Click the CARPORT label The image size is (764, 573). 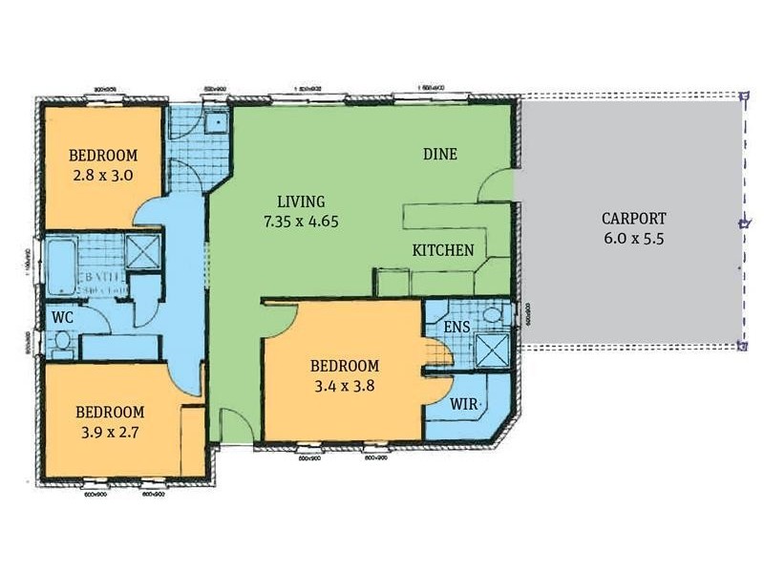click(633, 217)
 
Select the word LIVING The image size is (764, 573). click(301, 202)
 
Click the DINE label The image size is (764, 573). click(440, 154)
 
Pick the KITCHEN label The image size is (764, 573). click(442, 250)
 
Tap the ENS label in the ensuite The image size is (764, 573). click(456, 327)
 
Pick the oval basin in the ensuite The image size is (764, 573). click(493, 314)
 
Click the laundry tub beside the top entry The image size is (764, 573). click(217, 122)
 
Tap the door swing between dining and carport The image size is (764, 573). click(497, 186)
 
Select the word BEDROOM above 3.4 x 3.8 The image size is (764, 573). click(345, 366)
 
